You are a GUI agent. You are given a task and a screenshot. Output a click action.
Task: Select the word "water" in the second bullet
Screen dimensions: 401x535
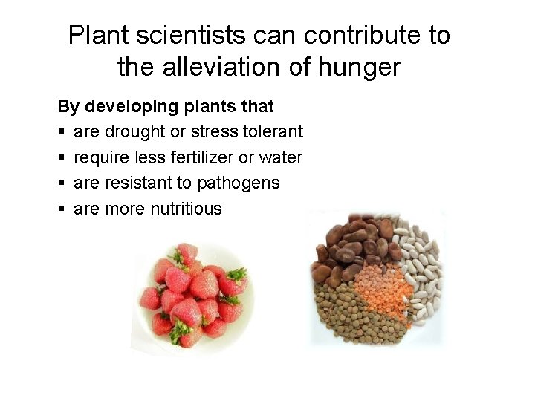pos(282,157)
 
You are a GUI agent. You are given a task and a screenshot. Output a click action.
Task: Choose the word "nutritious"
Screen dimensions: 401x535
pos(186,209)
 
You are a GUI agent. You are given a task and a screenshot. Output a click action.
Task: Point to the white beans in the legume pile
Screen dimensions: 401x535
pos(420,267)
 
